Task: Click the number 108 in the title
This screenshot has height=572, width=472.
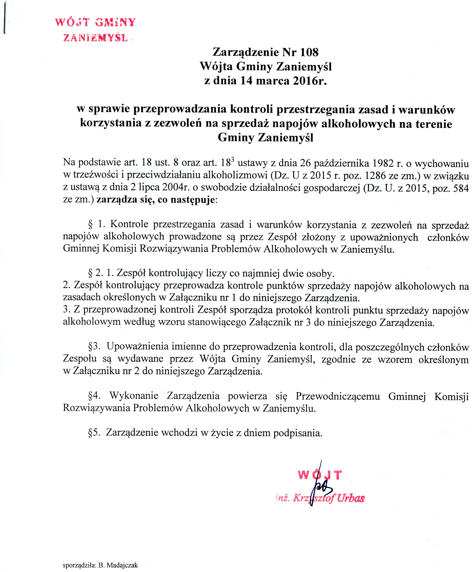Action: pyautogui.click(x=309, y=52)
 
